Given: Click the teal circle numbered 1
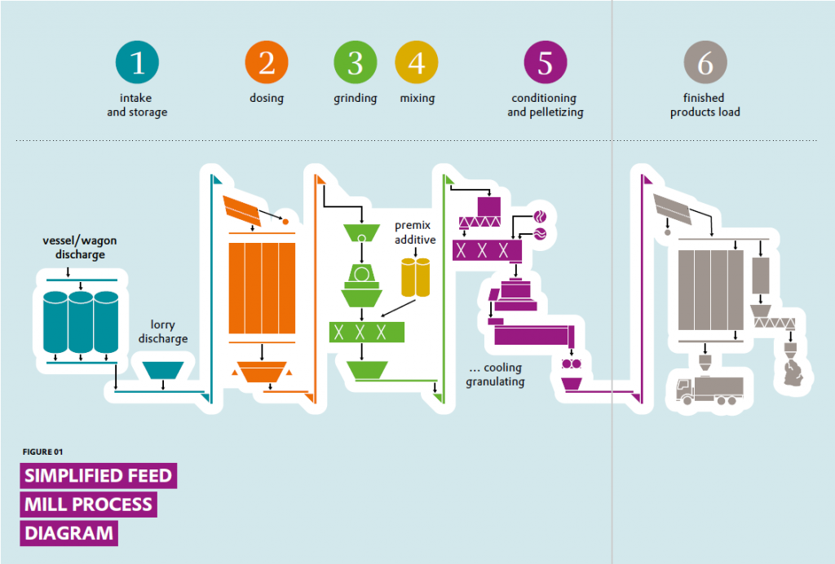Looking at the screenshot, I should (137, 63).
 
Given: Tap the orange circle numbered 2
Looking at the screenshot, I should (267, 63).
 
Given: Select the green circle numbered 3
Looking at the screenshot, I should (355, 63).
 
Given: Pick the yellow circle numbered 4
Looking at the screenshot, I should (416, 63).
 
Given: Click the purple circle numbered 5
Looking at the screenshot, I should (545, 63).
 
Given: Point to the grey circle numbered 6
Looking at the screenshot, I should (705, 63).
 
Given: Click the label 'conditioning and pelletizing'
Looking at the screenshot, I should (545, 105).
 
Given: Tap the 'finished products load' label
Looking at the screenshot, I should (705, 105).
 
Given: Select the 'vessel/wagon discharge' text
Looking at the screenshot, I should (74, 248).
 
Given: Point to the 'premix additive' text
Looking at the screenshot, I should (415, 232).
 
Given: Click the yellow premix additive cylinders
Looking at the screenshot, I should (415, 277).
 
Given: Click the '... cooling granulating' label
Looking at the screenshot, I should (495, 375).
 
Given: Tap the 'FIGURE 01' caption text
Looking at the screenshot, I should (43, 452).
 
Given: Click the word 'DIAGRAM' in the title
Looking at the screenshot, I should (68, 533).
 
